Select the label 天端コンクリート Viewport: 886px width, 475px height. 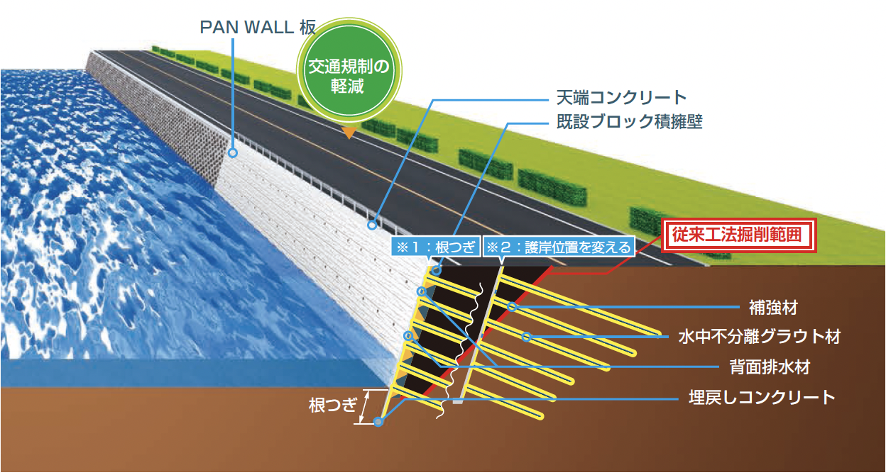pos(621,97)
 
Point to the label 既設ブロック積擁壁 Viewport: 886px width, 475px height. pos(629,121)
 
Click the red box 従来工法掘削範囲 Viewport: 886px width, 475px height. pos(735,235)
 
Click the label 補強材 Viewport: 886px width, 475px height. pos(774,308)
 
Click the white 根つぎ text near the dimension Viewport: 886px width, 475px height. pos(332,406)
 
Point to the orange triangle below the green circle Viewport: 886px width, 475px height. pos(349,131)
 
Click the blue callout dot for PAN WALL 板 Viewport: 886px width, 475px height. pos(232,152)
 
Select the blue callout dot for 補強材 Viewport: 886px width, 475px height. pos(512,307)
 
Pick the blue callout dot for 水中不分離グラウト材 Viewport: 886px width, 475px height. pos(526,337)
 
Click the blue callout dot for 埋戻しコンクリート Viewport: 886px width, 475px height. pos(378,422)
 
